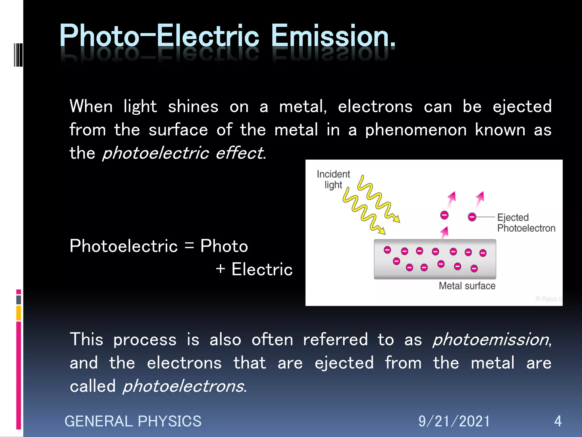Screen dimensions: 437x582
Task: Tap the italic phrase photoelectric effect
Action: [184, 153]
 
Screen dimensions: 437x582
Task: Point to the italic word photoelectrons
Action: [184, 386]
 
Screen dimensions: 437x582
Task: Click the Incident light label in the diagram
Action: [333, 179]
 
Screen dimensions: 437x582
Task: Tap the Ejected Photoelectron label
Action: [526, 223]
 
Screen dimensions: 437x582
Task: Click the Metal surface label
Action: [467, 286]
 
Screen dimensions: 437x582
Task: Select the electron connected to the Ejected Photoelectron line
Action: [472, 217]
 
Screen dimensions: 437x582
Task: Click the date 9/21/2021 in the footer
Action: [454, 421]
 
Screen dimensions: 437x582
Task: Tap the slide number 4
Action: [558, 421]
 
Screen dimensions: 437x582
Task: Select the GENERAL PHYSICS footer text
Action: [133, 421]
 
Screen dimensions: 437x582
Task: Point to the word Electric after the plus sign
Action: [262, 269]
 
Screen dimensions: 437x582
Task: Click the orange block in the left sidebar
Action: [18, 313]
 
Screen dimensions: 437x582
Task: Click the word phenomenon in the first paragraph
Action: [416, 130]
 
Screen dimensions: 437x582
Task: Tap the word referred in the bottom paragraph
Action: [335, 339]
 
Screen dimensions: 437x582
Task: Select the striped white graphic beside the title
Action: [18, 55]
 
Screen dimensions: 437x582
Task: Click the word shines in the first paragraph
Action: [193, 107]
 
